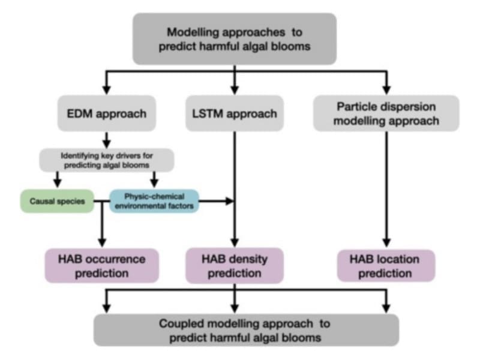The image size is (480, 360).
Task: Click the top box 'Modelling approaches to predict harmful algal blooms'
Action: pos(234,38)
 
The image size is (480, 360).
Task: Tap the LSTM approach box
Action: pos(235,113)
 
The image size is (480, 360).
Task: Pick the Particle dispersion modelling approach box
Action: pos(386,113)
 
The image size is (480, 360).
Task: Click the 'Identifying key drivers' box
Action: pos(107,160)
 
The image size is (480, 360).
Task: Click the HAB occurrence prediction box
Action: pos(101,266)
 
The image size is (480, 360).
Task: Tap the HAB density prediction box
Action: pos(235,266)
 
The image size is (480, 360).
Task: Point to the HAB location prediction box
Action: pos(385,266)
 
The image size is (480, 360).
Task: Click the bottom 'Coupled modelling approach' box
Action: pos(246,329)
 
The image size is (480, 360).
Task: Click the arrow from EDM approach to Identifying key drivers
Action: pos(107,139)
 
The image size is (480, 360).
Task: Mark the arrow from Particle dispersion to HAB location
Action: pos(386,186)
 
